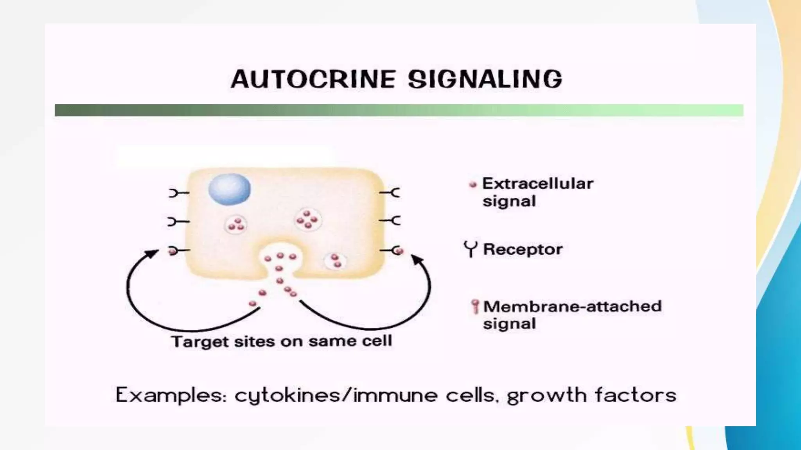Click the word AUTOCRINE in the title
pyautogui.click(x=313, y=79)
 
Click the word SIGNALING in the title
pyautogui.click(x=485, y=79)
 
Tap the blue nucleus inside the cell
pyautogui.click(x=230, y=189)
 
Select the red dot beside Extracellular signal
pyautogui.click(x=473, y=184)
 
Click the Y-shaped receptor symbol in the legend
pyautogui.click(x=471, y=249)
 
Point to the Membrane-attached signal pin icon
pyautogui.click(x=475, y=306)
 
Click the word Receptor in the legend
pyautogui.click(x=523, y=249)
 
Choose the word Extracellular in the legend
pyautogui.click(x=537, y=184)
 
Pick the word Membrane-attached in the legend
pyautogui.click(x=572, y=306)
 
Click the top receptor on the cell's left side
pyautogui.click(x=178, y=193)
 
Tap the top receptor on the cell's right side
pyautogui.click(x=390, y=193)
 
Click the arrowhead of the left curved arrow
pyautogui.click(x=152, y=254)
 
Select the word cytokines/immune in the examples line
pyautogui.click(x=336, y=395)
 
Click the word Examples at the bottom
pyautogui.click(x=171, y=395)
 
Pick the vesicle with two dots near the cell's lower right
pyautogui.click(x=336, y=261)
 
